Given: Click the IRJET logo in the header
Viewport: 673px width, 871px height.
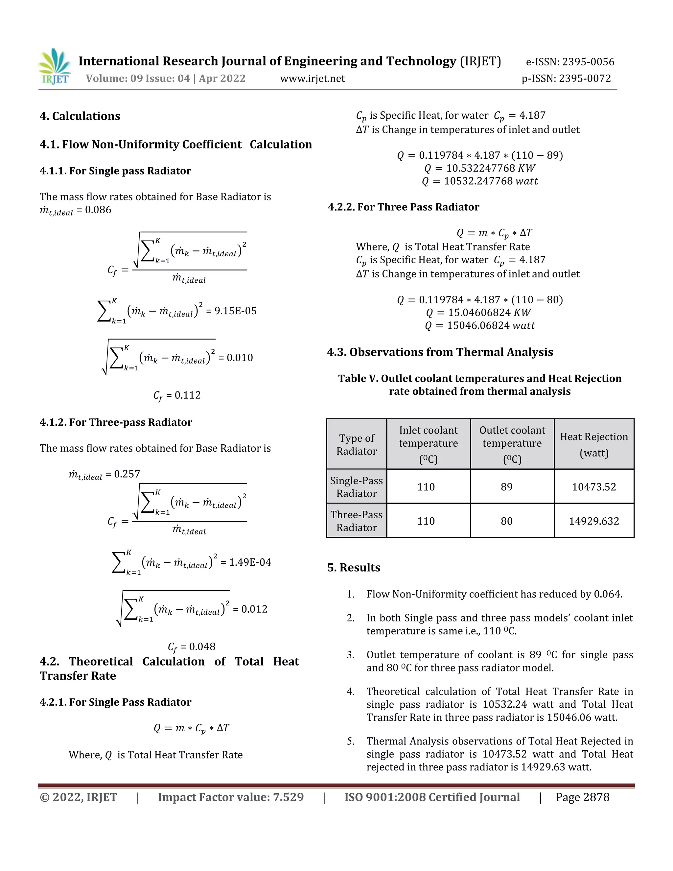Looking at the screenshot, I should click(x=55, y=67).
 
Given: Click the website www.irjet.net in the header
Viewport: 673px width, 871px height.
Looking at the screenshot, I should click(x=312, y=79).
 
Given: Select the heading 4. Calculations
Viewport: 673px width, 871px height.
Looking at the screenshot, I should click(x=80, y=116).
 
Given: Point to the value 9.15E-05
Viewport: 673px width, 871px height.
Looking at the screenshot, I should click(x=235, y=311).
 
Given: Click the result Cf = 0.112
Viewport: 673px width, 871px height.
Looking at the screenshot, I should click(x=177, y=395).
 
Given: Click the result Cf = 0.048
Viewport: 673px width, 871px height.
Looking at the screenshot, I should click(x=191, y=647).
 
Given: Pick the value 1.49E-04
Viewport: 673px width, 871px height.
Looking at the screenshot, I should click(x=250, y=562).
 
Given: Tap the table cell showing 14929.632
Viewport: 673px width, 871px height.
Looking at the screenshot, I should click(x=594, y=521).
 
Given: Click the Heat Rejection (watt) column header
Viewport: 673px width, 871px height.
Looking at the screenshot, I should click(x=594, y=444).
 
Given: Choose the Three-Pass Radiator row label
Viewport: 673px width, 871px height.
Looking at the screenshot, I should click(x=357, y=521).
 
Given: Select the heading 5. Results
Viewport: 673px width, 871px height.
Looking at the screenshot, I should click(x=354, y=568).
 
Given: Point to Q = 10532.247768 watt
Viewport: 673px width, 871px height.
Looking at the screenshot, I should click(x=480, y=181).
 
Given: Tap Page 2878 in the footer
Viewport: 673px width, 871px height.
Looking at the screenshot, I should click(x=583, y=797).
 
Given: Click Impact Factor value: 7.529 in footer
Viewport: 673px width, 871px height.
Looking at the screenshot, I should click(x=230, y=797).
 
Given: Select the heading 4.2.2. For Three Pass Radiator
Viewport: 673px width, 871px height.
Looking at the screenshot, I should click(x=404, y=207).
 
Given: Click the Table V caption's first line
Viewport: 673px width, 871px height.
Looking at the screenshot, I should click(x=480, y=378).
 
